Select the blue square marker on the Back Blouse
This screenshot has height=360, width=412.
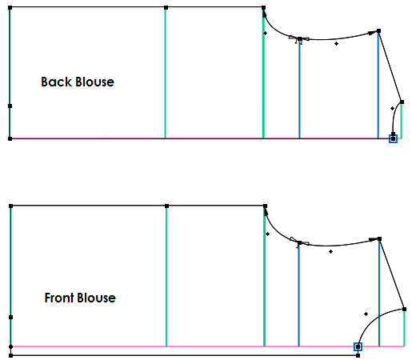tap(393, 138)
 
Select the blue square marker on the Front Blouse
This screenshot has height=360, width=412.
tap(358, 346)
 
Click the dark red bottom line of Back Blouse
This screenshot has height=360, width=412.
tap(200, 138)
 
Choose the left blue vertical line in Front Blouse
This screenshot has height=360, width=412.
tap(298, 296)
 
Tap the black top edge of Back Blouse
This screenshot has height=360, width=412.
tap(136, 8)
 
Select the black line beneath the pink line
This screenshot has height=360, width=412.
tap(184, 355)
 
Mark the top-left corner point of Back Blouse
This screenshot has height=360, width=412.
tap(10, 8)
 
